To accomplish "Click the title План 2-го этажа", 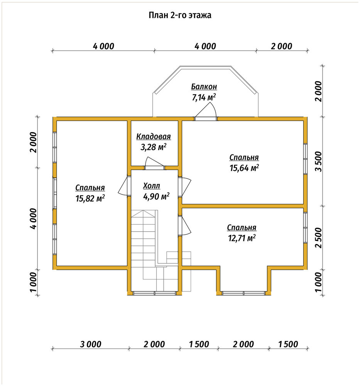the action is point(180,15).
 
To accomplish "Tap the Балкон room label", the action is point(204,86).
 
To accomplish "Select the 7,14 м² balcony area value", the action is point(204,97).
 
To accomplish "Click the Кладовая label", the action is point(154,136).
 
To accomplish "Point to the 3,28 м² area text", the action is point(153,147).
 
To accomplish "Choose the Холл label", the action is point(152,186).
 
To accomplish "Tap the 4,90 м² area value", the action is point(156,196).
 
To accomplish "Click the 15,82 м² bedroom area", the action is point(90,198).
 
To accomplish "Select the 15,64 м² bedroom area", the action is point(244,168).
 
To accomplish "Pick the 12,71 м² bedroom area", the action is point(242,238).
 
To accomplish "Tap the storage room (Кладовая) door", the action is point(154,163).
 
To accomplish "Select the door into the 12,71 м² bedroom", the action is point(185,226).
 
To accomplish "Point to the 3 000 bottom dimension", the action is point(91,344).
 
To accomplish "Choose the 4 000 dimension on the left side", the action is point(33,218).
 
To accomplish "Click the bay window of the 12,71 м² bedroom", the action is point(243,293).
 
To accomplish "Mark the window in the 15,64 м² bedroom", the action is point(305,159).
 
